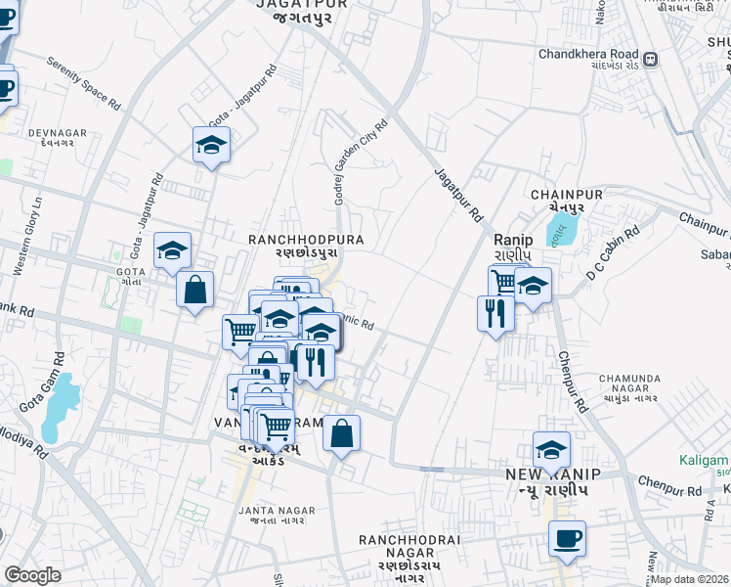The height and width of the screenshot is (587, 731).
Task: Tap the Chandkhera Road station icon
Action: [650, 59]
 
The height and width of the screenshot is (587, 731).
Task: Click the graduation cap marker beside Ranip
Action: [533, 286]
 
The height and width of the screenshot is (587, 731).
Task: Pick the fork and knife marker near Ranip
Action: [495, 312]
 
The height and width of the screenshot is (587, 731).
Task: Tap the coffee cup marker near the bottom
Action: [567, 537]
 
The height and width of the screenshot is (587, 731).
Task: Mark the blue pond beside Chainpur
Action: [562, 230]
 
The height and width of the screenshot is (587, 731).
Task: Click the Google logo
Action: [32, 575]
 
